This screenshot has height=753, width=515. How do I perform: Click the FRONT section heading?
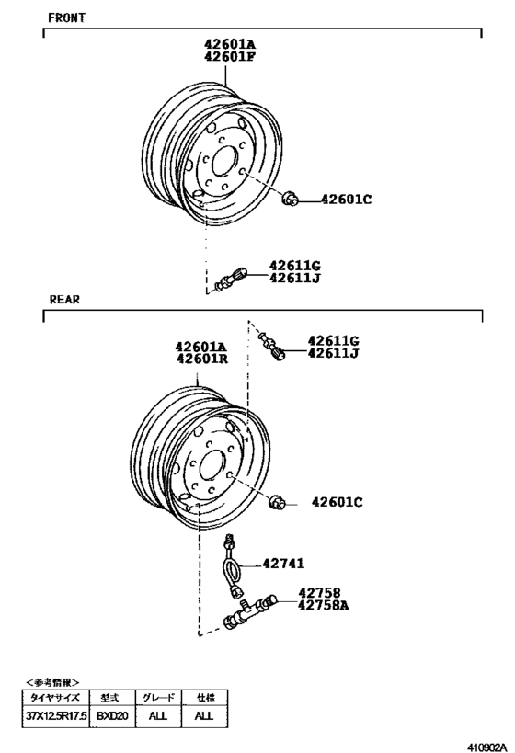click(x=66, y=17)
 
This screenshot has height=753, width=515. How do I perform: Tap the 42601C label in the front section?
click(x=346, y=199)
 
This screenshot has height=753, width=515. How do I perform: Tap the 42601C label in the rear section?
click(x=337, y=502)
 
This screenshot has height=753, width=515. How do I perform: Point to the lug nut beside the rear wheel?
click(x=278, y=501)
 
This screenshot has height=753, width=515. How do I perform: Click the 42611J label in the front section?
click(x=294, y=278)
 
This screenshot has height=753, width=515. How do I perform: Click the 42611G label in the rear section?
click(x=333, y=339)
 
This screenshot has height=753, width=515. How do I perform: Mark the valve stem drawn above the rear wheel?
click(x=273, y=348)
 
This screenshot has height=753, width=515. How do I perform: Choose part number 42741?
click(x=283, y=564)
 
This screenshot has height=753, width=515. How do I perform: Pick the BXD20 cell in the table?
click(x=111, y=713)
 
